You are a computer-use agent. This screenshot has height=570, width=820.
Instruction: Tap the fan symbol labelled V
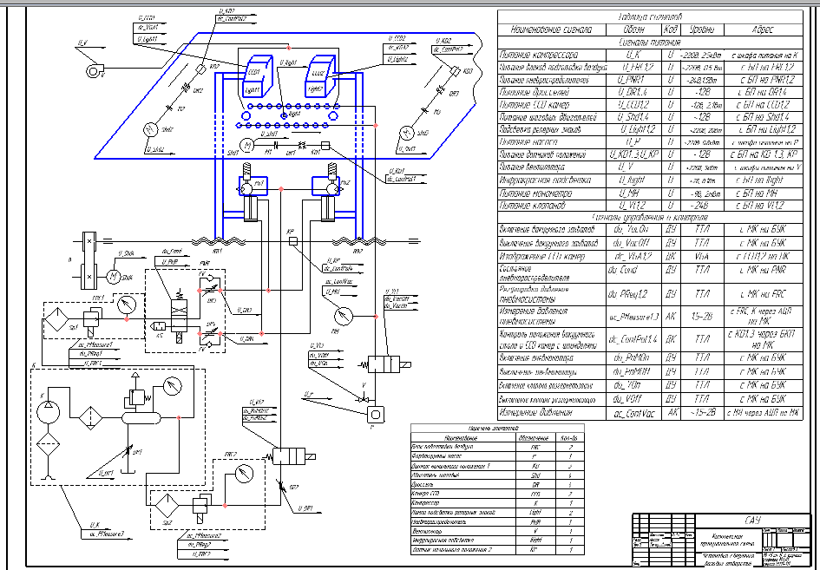[96, 69]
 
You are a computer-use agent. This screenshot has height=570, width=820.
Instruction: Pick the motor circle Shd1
[246, 144]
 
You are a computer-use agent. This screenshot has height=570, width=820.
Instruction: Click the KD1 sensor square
[325, 145]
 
